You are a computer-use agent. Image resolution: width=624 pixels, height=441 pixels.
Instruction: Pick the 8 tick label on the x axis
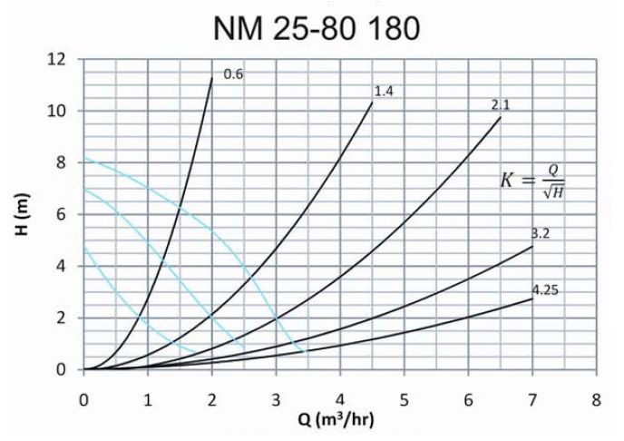click(x=596, y=397)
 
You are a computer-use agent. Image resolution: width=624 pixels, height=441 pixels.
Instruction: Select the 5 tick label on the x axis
click(x=404, y=397)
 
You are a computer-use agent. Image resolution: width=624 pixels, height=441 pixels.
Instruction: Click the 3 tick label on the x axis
click(x=276, y=397)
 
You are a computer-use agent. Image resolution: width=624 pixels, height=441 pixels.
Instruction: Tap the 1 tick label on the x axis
click(x=148, y=397)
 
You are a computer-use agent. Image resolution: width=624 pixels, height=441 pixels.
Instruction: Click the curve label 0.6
click(x=233, y=74)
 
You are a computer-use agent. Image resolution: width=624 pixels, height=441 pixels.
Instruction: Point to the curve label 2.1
click(x=501, y=105)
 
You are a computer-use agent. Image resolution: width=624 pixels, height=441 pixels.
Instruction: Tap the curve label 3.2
click(x=542, y=233)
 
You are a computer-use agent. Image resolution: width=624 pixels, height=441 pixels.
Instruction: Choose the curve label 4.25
click(x=545, y=290)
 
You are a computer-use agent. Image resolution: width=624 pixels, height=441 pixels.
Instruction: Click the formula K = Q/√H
click(x=539, y=178)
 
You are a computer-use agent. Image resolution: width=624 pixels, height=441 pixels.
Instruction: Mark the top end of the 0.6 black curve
click(x=212, y=78)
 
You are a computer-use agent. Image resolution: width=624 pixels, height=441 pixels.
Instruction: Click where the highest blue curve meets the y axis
click(x=84, y=158)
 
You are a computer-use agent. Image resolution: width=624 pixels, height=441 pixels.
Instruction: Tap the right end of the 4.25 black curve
click(x=532, y=299)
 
